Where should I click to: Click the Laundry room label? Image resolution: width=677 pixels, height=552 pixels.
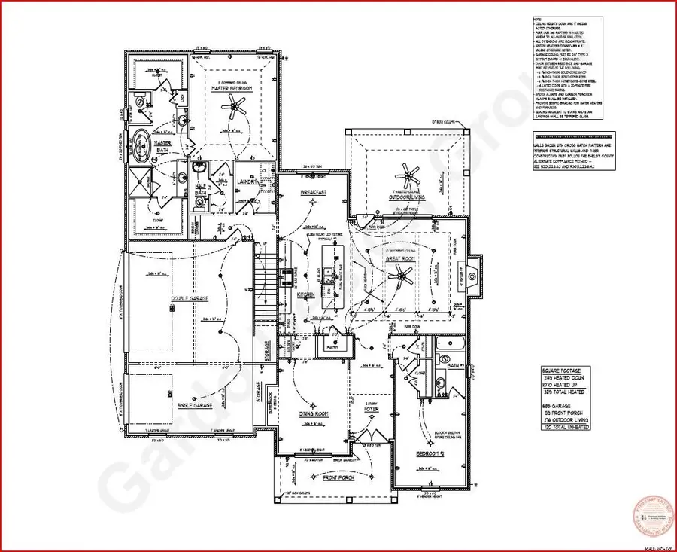248,182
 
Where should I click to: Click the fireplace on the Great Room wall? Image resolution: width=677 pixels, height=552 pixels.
472,276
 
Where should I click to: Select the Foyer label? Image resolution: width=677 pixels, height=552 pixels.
371,407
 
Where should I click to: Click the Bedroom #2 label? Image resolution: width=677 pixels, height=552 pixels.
431,455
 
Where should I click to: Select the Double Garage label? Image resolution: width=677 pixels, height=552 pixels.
189,298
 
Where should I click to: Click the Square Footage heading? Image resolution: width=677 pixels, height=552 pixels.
562,370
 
